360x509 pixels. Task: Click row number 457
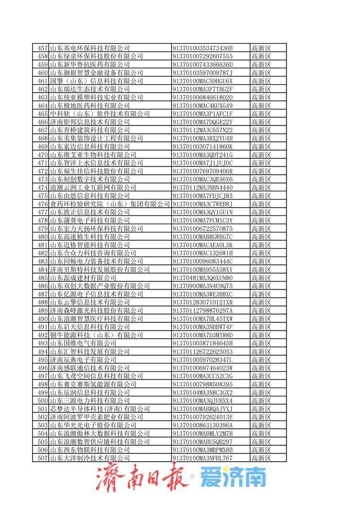42,48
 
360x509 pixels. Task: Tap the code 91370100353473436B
203,48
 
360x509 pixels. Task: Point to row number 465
42,114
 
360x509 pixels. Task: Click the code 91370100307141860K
203,147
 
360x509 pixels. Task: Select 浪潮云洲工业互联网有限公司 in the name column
89,188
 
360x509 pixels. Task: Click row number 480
42,237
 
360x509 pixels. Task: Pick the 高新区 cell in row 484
261,270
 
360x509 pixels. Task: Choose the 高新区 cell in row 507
261,458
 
